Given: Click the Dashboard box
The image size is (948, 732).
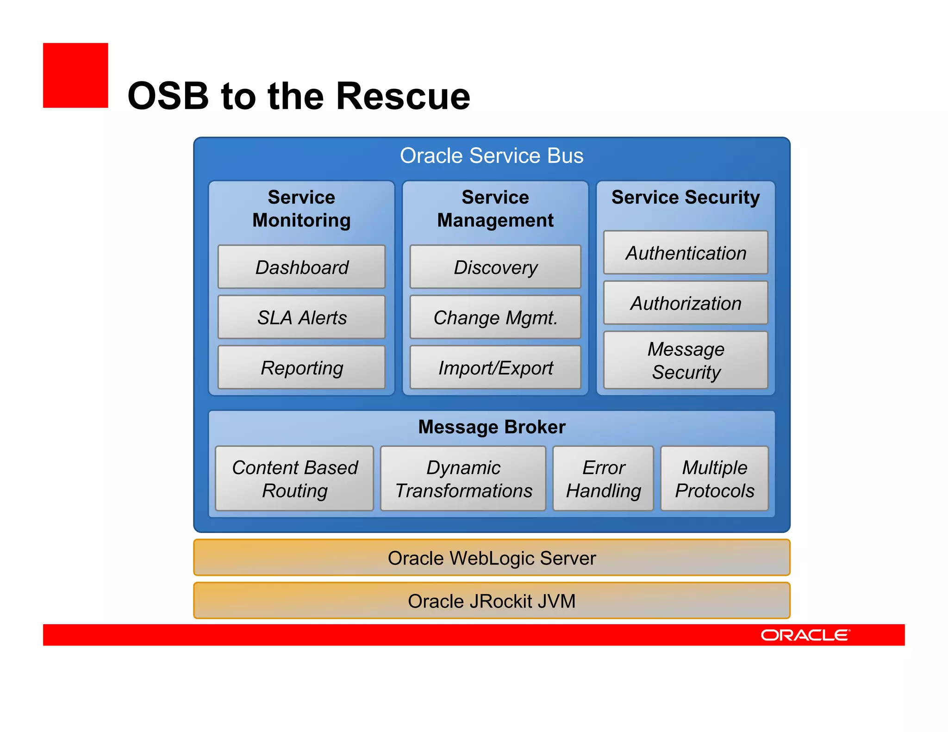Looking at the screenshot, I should (301, 267).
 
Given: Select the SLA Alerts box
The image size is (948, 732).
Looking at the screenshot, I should (301, 317).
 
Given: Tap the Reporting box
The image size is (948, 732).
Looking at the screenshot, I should (301, 367).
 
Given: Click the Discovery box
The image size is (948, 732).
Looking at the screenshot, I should (495, 267).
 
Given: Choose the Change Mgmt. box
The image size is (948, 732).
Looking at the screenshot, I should (495, 317).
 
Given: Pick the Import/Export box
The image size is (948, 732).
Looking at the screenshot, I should (495, 367).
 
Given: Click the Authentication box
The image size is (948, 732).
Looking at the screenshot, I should (686, 253).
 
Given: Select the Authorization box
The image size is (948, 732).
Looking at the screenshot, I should (686, 303).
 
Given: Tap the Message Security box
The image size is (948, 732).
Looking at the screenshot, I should (686, 360).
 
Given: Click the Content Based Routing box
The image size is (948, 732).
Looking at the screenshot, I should (294, 478).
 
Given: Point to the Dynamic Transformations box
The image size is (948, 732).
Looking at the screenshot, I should (463, 478).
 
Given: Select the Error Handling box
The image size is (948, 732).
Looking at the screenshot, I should (603, 478).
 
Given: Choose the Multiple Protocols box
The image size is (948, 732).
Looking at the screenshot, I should (714, 478).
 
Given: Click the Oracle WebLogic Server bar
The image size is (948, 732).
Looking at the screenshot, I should (492, 558).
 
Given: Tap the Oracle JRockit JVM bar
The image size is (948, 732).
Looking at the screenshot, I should (492, 601).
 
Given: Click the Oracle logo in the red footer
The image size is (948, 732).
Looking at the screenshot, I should (805, 635).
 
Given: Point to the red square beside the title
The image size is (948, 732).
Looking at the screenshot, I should (75, 75).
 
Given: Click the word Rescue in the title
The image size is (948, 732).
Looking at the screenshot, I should (403, 96).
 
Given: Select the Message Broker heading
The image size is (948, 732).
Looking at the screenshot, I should (492, 427).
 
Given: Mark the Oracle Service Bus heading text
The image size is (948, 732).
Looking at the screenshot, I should (492, 155).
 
